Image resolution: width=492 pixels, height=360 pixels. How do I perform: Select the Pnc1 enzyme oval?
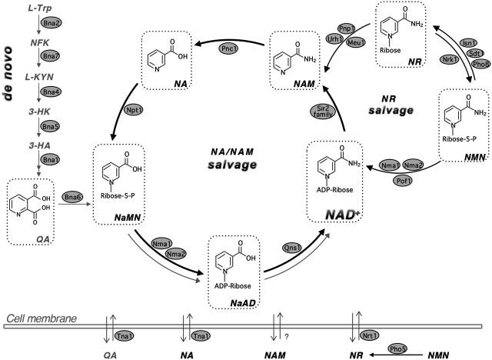228,48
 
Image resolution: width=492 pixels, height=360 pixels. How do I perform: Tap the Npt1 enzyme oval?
134,111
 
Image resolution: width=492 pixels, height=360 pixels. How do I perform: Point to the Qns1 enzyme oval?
292,248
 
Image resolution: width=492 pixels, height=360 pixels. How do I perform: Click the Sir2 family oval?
323,112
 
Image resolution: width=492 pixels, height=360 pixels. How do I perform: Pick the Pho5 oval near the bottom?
397,348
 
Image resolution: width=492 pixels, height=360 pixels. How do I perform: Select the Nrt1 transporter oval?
369,336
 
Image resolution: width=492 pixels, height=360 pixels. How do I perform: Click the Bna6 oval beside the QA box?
72,198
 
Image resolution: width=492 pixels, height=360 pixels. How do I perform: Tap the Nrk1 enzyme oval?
449,59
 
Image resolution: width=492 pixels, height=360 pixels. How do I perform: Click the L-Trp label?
39,8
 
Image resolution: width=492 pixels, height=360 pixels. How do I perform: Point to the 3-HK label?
39,111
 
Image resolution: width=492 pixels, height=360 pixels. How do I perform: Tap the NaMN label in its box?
128,217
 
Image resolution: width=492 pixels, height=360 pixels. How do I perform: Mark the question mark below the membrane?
287,337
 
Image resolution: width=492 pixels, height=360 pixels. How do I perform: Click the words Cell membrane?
42,319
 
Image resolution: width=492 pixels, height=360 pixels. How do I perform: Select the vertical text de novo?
8,74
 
